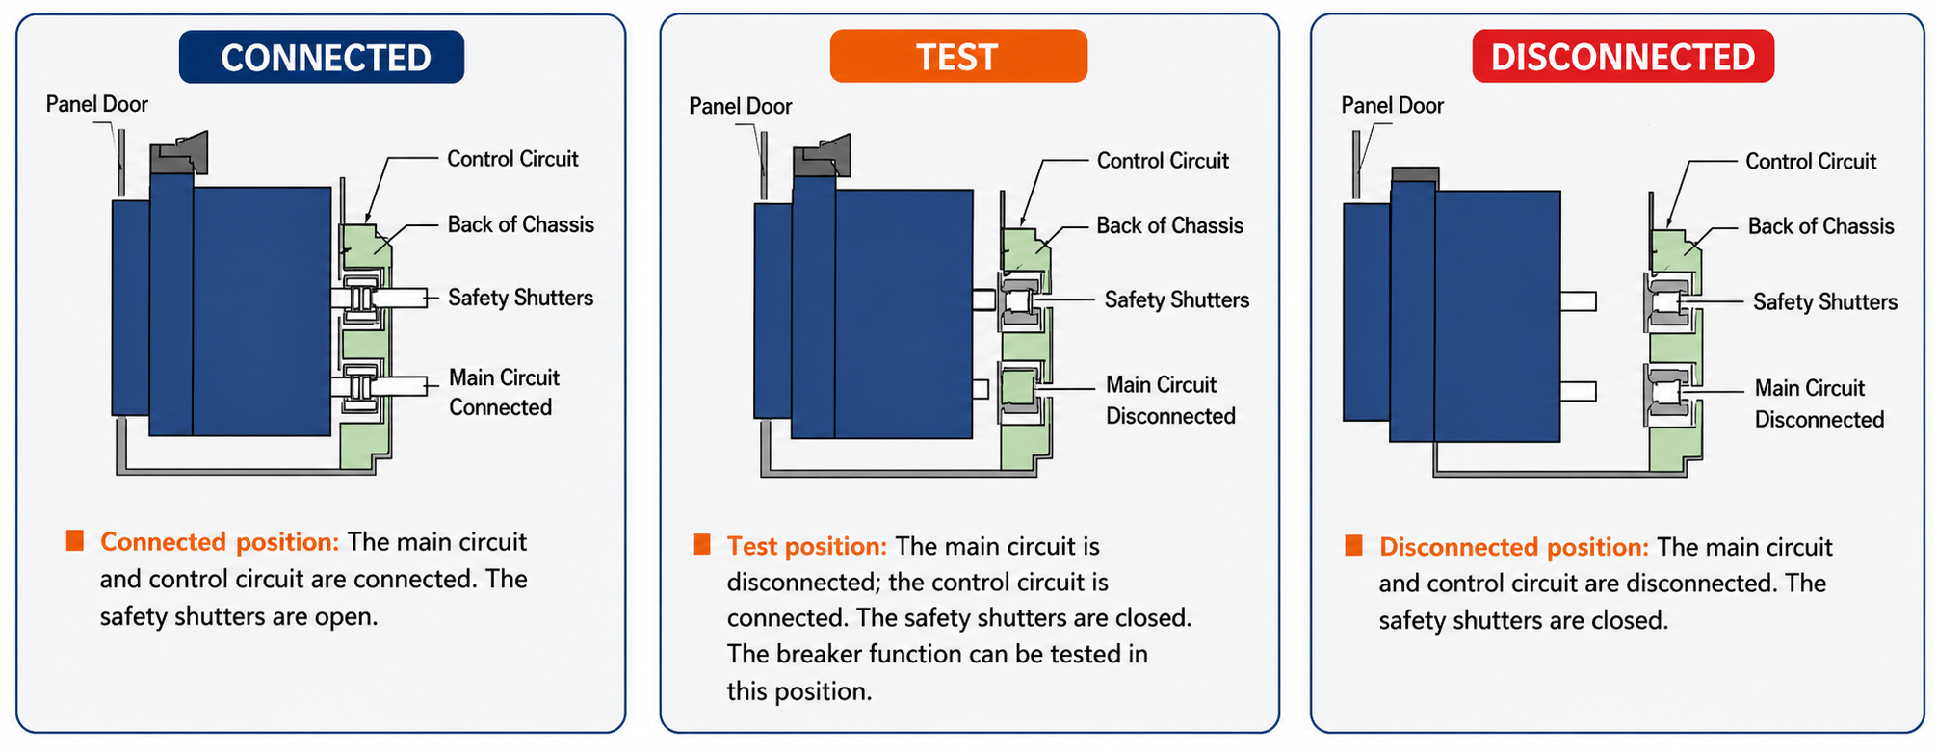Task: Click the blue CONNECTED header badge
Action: pyautogui.click(x=322, y=57)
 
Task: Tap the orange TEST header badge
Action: pyautogui.click(x=958, y=56)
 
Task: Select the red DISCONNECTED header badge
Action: pyautogui.click(x=1623, y=56)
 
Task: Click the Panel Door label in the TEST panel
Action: pyautogui.click(x=740, y=106)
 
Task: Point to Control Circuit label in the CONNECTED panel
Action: pyautogui.click(x=512, y=159)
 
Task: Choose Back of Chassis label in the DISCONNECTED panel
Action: pyautogui.click(x=1820, y=226)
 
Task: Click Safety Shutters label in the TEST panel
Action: pyautogui.click(x=1176, y=300)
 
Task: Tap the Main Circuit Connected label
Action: pyautogui.click(x=504, y=392)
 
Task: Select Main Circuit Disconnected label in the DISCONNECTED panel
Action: pyautogui.click(x=1819, y=403)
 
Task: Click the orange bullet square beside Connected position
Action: pyautogui.click(x=75, y=540)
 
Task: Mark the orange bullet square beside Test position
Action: pyautogui.click(x=701, y=545)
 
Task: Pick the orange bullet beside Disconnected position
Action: pyautogui.click(x=1353, y=546)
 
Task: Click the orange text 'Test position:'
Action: pyautogui.click(x=806, y=546)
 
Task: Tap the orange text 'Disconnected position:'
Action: pyautogui.click(x=1513, y=547)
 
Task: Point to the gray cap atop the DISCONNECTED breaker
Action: pyautogui.click(x=1415, y=174)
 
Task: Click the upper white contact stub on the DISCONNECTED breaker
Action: pyautogui.click(x=1578, y=301)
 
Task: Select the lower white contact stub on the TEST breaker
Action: pyautogui.click(x=981, y=389)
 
